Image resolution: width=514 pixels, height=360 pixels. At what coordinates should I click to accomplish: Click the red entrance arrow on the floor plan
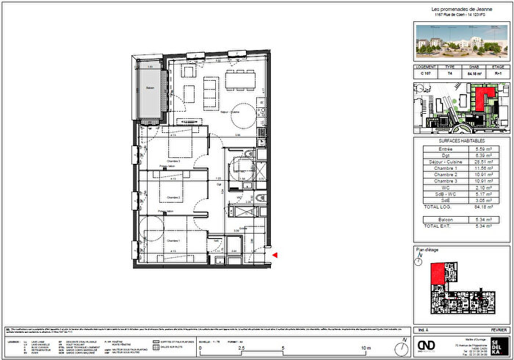(275, 254)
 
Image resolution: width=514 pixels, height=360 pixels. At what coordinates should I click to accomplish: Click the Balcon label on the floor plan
(151, 89)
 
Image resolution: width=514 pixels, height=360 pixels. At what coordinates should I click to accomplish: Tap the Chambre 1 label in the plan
(173, 240)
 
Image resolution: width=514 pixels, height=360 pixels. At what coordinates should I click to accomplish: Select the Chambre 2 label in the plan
(173, 198)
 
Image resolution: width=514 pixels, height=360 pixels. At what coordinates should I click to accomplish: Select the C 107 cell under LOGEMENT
(425, 74)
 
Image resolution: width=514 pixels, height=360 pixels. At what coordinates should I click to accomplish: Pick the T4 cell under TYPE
(449, 74)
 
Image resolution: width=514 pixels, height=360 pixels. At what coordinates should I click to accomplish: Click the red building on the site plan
(483, 98)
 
